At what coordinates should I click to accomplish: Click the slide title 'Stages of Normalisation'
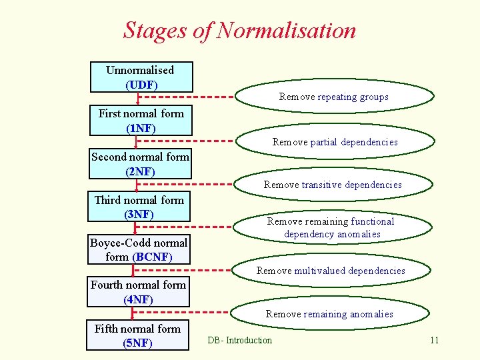[x=239, y=31]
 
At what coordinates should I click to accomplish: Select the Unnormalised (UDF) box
[x=141, y=77]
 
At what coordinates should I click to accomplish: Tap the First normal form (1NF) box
[x=141, y=120]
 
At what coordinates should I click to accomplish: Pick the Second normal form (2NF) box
[x=140, y=164]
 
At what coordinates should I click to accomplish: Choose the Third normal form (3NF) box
[x=139, y=207]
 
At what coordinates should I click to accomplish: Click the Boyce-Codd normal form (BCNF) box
[x=139, y=249]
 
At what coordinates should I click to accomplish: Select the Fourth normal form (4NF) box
[x=139, y=292]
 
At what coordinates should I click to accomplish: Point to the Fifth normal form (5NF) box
[x=138, y=336]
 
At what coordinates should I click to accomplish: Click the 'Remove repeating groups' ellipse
[x=333, y=97]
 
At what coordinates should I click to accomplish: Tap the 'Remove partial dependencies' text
[x=335, y=142]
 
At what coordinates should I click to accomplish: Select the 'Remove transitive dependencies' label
[x=333, y=185]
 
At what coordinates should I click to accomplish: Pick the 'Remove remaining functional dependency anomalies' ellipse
[x=331, y=227]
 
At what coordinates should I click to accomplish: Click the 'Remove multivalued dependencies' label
[x=331, y=271]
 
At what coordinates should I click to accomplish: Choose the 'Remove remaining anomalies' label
[x=329, y=314]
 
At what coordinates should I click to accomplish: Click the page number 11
[x=434, y=341]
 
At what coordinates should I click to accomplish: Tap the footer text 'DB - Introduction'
[x=239, y=341]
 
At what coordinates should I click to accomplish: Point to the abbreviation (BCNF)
[x=152, y=257]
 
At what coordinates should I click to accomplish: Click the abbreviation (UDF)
[x=141, y=85]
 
